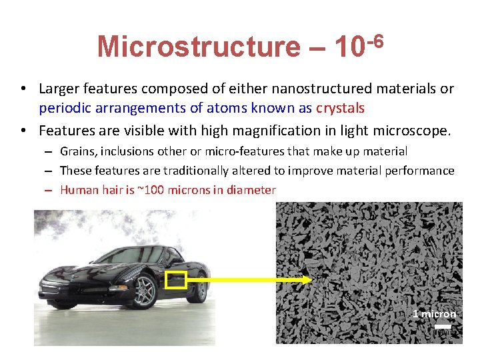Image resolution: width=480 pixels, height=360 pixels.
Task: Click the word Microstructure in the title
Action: click(x=198, y=47)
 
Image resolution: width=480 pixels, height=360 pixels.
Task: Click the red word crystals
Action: click(x=341, y=108)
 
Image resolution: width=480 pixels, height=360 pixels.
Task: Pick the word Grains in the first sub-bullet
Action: click(x=78, y=152)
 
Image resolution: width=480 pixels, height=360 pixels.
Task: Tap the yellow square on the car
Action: click(x=175, y=281)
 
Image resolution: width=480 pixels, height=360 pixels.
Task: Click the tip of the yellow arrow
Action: click(x=308, y=281)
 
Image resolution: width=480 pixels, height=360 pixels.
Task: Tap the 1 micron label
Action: click(x=435, y=314)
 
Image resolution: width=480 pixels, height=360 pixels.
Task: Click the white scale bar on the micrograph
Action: click(x=443, y=326)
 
